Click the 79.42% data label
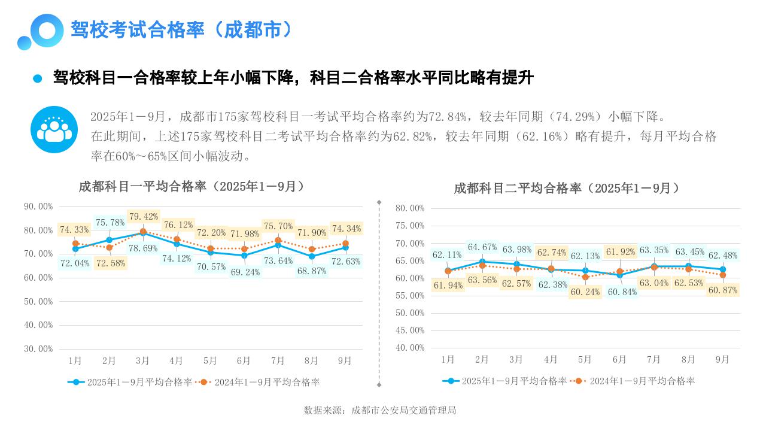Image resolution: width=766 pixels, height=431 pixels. tap(144, 217)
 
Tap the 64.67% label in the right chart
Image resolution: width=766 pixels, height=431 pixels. tap(482, 247)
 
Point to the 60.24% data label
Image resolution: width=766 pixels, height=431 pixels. tap(585, 292)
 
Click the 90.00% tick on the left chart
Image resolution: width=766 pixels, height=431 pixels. tap(38, 207)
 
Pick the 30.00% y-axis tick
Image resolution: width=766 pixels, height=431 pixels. tap(38, 348)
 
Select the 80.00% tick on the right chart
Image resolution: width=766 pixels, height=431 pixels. tap(410, 208)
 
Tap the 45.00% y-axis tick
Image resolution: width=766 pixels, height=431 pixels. tap(410, 330)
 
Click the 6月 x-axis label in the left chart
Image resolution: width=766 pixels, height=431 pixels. tap(244, 360)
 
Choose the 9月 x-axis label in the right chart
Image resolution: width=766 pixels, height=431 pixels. tap(722, 359)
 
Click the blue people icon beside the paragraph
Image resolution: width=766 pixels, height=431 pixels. tap(54, 129)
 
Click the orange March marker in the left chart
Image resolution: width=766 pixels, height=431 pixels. tap(143, 232)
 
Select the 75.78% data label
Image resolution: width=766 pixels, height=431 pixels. tap(110, 223)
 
